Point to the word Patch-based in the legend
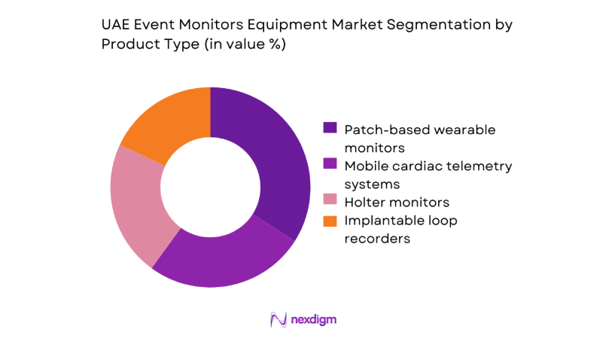coord(381,129)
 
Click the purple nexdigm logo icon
coord(279,320)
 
